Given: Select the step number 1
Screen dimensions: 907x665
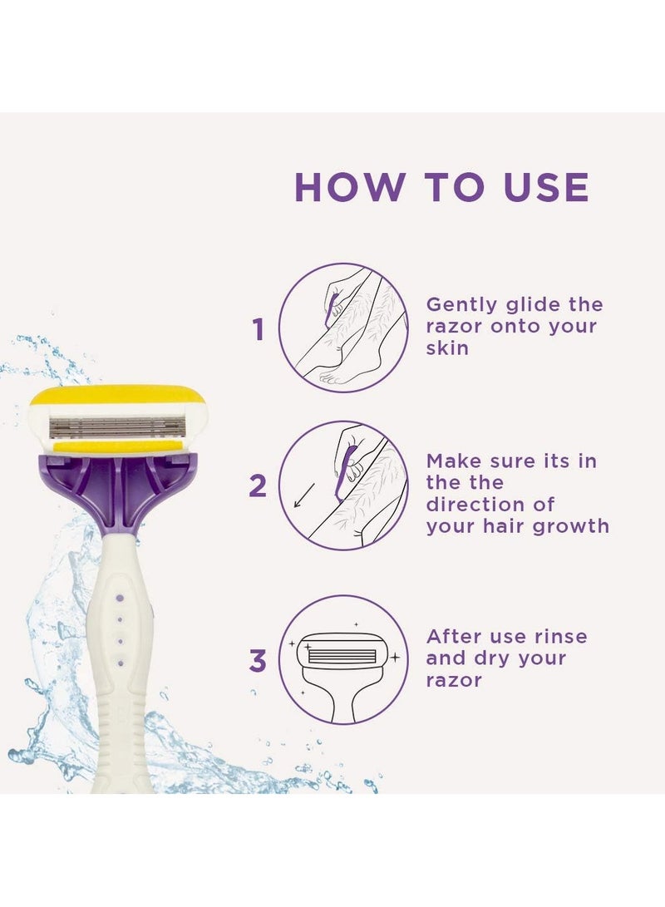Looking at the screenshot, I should tap(259, 330).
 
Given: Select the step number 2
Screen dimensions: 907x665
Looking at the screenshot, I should tap(259, 486).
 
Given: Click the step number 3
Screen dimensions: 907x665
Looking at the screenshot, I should tap(259, 662).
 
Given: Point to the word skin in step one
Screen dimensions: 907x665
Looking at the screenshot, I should tap(447, 348).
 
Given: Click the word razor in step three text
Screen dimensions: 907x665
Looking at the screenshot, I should tap(454, 680).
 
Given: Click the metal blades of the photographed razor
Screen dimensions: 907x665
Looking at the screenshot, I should tap(117, 427).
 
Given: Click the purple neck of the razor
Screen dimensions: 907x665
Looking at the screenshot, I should tap(118, 490).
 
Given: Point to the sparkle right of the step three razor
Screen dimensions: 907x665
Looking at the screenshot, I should tap(395, 657).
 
